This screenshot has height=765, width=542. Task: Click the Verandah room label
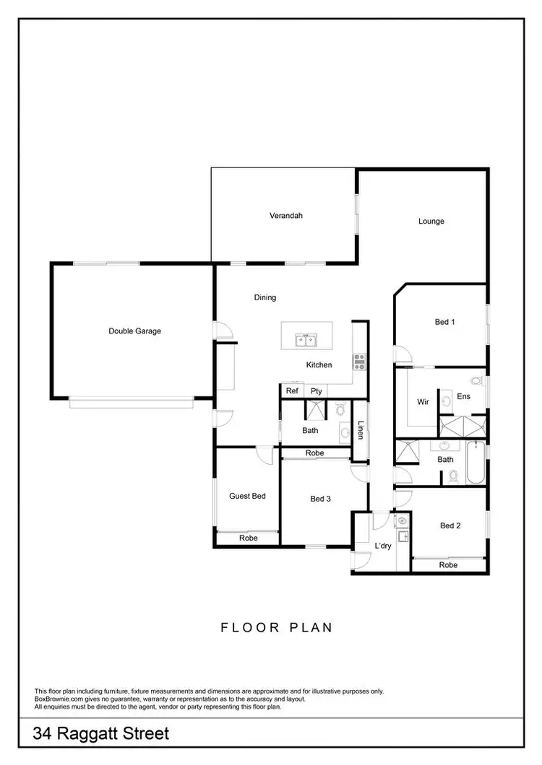[x=285, y=216]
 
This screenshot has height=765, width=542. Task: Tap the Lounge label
[x=431, y=222]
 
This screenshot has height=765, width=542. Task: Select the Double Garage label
[x=134, y=331]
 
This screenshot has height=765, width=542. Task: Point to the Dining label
[x=265, y=297]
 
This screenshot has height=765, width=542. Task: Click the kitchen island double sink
[x=306, y=339]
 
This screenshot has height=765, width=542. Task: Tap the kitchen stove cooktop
[x=358, y=359]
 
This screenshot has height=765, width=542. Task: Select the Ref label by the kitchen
[x=292, y=391]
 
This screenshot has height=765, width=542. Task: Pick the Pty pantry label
[x=316, y=391]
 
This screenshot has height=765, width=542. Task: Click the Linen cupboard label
[x=360, y=431]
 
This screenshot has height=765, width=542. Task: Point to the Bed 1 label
[x=444, y=322]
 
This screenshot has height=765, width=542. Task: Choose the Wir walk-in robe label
[x=423, y=402]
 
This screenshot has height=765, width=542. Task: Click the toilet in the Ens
[x=476, y=380]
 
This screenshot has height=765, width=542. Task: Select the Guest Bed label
[x=247, y=496]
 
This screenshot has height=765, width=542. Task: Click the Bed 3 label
[x=320, y=498]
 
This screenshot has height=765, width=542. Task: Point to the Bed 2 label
[x=450, y=526]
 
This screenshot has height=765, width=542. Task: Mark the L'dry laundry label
[x=382, y=546]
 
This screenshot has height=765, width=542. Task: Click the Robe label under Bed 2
[x=448, y=565]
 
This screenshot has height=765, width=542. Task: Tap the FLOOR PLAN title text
[x=277, y=627]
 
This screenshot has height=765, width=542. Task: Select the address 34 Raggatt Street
[x=101, y=735]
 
